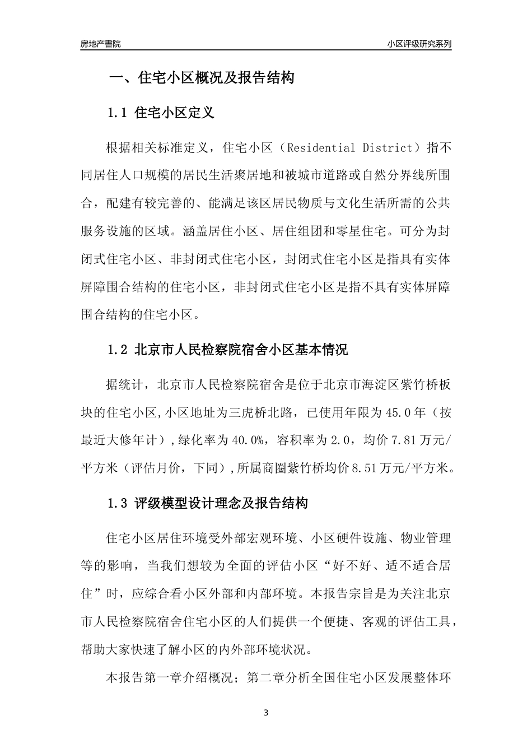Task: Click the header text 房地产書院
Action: pyautogui.click(x=101, y=44)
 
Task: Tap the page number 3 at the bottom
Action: pyautogui.click(x=266, y=713)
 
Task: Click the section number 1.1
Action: pyautogui.click(x=118, y=113)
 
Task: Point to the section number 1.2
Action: pyautogui.click(x=118, y=350)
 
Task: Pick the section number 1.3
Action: pyautogui.click(x=118, y=503)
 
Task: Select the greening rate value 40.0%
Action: pyautogui.click(x=248, y=440)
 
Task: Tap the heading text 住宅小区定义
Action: pyautogui.click(x=175, y=113)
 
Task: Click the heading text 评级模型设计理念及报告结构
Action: pyautogui.click(x=221, y=503)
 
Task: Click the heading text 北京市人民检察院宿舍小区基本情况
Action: pyautogui.click(x=241, y=350)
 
